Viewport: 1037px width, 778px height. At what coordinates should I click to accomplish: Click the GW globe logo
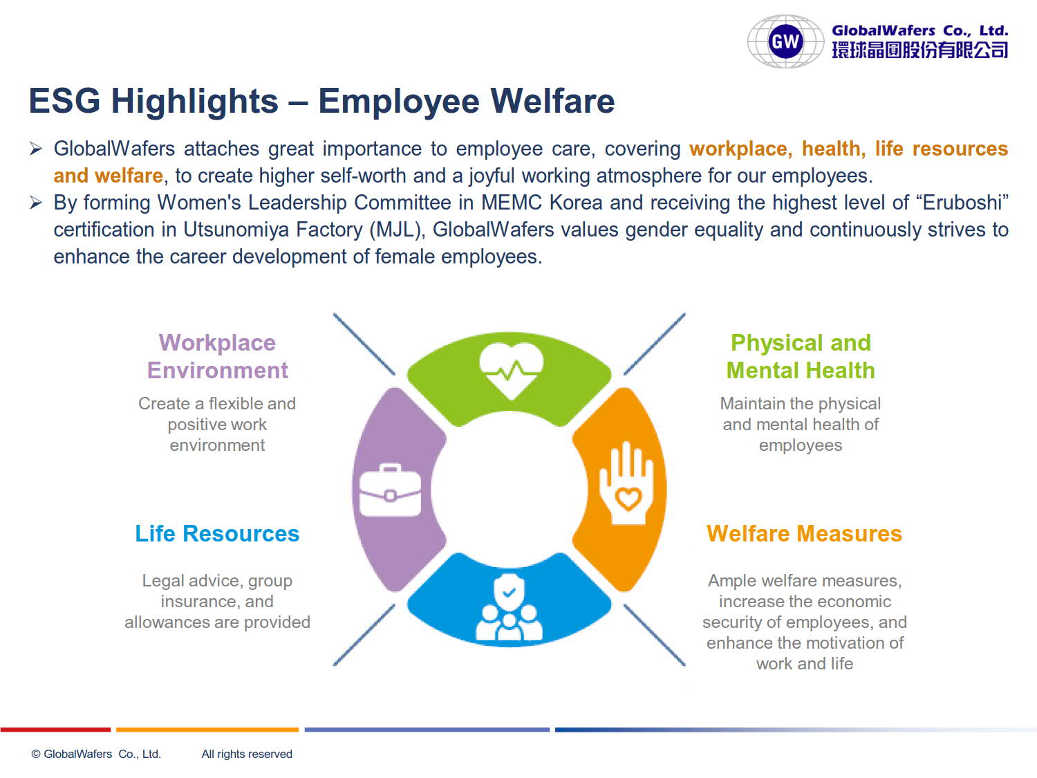pyautogui.click(x=785, y=41)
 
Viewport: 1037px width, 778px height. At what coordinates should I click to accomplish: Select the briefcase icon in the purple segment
pyautogui.click(x=390, y=490)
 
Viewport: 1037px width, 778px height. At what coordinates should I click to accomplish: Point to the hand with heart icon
pyautogui.click(x=626, y=483)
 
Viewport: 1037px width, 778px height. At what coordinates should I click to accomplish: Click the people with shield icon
pyautogui.click(x=509, y=607)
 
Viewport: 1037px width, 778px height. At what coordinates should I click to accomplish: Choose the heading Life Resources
pyautogui.click(x=217, y=533)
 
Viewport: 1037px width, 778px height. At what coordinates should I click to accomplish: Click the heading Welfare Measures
pyautogui.click(x=804, y=533)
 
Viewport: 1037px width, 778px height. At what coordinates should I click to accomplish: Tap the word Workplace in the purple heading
pyautogui.click(x=217, y=343)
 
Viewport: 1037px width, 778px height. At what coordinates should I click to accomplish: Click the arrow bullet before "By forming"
pyautogui.click(x=35, y=203)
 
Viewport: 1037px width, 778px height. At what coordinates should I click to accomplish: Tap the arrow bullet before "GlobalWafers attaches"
pyautogui.click(x=35, y=149)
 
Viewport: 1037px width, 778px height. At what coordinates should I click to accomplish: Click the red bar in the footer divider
pyautogui.click(x=55, y=730)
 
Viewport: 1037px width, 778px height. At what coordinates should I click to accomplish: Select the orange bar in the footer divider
pyautogui.click(x=207, y=730)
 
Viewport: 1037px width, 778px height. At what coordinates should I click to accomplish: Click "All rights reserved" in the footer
pyautogui.click(x=247, y=754)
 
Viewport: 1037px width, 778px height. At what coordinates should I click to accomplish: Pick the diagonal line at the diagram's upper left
pyautogui.click(x=364, y=344)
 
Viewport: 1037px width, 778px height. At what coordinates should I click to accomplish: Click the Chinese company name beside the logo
pyautogui.click(x=919, y=50)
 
